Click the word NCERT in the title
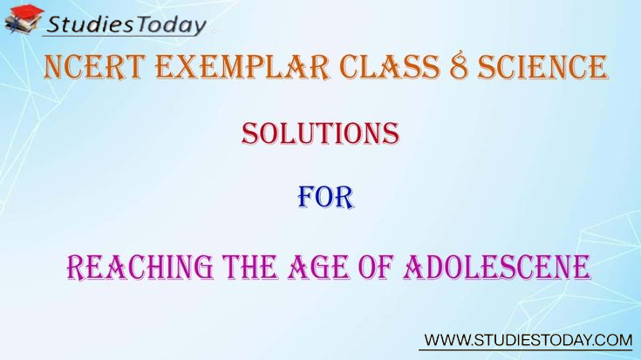(x=95, y=66)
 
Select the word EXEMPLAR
(x=242, y=66)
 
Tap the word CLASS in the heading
(x=390, y=66)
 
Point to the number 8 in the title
(x=459, y=66)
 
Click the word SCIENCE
(x=542, y=66)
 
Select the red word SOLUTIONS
(x=320, y=133)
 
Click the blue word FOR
(x=325, y=198)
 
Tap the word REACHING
(x=140, y=268)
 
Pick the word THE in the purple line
(x=249, y=268)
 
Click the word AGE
(x=319, y=268)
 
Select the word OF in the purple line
(x=376, y=268)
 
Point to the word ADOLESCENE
(x=497, y=268)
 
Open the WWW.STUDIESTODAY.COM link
(x=528, y=340)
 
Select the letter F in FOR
(x=307, y=198)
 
